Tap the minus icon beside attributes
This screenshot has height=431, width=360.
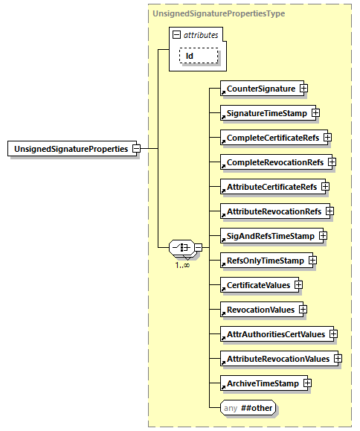(176, 35)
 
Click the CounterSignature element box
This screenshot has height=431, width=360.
(260, 89)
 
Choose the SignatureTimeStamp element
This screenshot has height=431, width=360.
(266, 113)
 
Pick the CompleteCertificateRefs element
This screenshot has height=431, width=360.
(272, 138)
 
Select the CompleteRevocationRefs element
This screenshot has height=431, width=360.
(274, 162)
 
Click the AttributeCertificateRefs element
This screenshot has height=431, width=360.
(271, 186)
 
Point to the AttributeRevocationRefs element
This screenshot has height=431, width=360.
(274, 211)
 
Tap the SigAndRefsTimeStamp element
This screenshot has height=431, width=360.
(269, 236)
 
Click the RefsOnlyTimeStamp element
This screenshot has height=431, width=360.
(265, 261)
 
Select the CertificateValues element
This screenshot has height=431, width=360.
(257, 285)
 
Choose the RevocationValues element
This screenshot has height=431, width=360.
(260, 310)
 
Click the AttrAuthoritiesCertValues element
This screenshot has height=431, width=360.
(275, 334)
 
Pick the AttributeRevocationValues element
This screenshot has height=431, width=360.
(277, 359)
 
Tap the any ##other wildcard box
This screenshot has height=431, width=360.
(245, 408)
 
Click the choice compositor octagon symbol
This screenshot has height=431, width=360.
(181, 247)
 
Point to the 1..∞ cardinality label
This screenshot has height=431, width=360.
(181, 265)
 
